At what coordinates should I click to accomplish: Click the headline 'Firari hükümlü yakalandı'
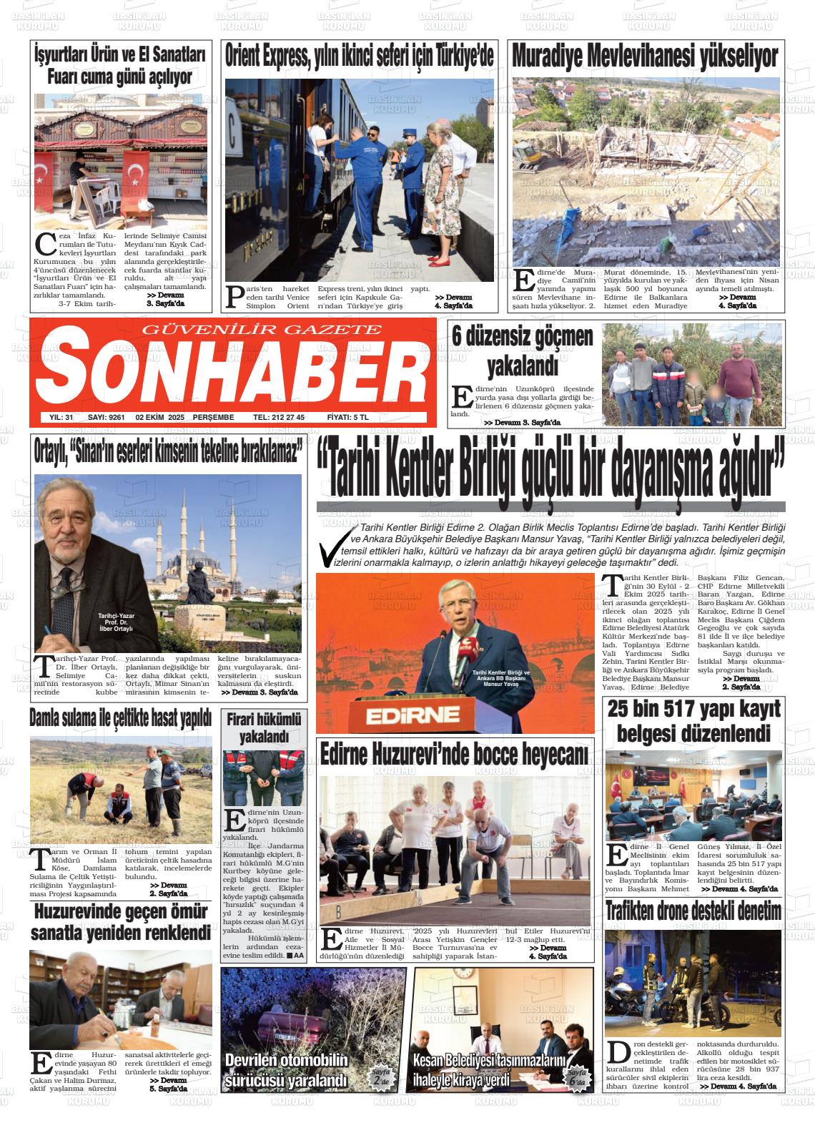coord(264,727)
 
